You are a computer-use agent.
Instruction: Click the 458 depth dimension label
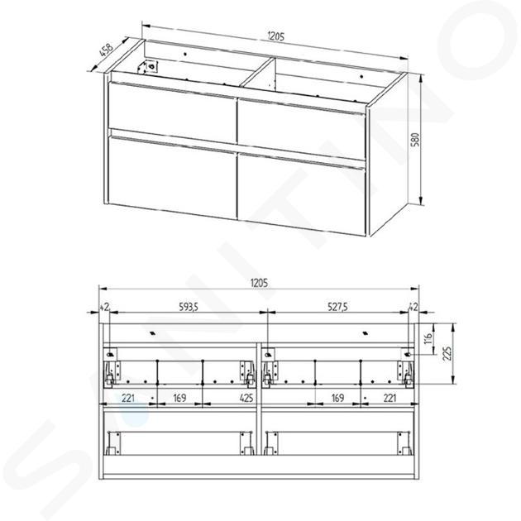pos(107,50)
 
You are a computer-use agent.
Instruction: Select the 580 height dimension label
pos(415,140)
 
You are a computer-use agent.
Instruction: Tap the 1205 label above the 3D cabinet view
pos(275,36)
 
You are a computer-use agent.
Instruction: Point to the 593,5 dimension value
pos(189,307)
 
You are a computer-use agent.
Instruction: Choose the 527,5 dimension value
pos(338,307)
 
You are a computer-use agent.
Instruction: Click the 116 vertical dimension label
pos(428,338)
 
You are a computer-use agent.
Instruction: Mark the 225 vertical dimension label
pos(447,354)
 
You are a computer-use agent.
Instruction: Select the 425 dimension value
pos(246,398)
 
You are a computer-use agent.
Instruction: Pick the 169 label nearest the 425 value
pos(179,398)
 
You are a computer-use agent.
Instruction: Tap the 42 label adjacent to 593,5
pos(104,308)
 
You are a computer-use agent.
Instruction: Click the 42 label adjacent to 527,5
pos(413,308)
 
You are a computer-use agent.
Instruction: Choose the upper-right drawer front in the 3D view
pos(302,128)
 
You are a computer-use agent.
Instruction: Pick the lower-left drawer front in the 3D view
pos(172,176)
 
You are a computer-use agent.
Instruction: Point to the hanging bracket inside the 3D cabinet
pos(148,66)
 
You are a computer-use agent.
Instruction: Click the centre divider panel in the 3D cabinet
pos(259,73)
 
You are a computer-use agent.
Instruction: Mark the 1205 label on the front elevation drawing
pos(259,283)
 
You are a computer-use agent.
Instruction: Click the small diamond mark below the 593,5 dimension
pos(152,333)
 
